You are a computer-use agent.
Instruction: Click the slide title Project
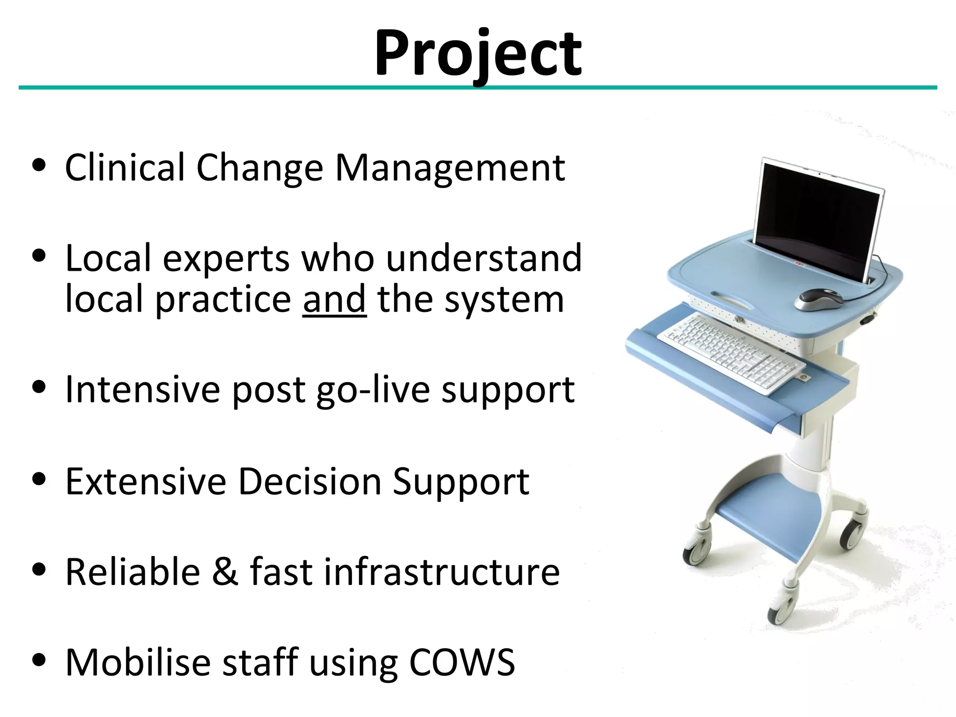point(478,54)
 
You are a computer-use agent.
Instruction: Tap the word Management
point(450,168)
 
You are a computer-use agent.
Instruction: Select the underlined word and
point(334,300)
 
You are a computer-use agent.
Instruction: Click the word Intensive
point(142,389)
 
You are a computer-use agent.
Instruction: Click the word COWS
point(462,662)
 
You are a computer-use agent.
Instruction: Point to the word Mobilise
point(138,662)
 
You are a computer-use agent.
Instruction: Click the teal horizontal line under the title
point(478,88)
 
